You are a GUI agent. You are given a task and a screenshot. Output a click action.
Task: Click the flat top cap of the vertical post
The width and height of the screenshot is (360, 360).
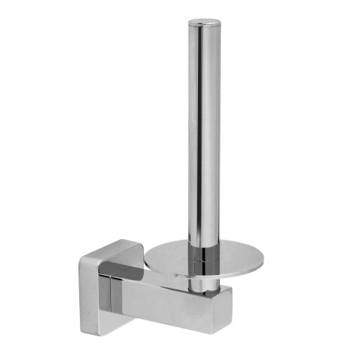202,25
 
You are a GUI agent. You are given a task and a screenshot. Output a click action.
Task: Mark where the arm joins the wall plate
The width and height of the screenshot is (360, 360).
130,295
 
